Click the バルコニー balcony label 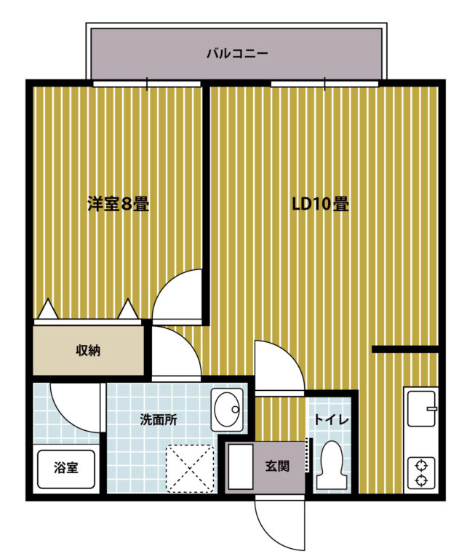point(237,54)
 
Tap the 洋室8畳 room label point(119,204)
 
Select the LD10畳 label point(320,204)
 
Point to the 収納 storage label point(88,351)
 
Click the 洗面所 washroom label point(158,419)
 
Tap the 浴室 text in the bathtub point(66,467)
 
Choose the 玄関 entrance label point(277,466)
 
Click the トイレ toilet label point(331,419)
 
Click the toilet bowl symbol point(331,465)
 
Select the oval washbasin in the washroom point(227,409)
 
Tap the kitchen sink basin point(422,408)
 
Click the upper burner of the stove point(422,466)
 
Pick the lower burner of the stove point(422,480)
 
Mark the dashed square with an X point(190,469)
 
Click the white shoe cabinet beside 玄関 point(241,467)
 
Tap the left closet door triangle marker point(48,309)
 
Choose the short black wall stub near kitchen point(405,349)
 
